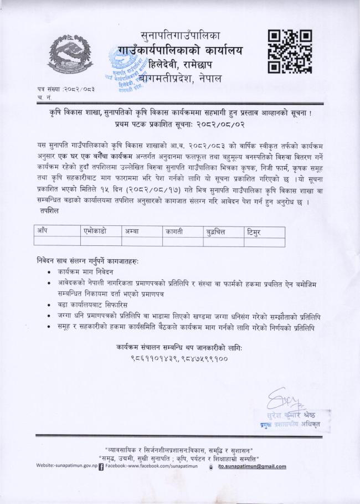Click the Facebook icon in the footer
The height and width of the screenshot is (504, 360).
[x=100, y=466]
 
